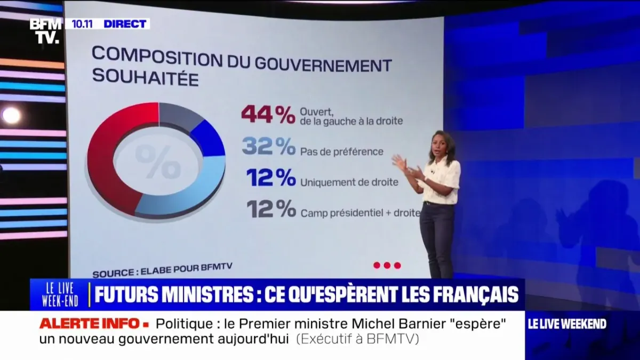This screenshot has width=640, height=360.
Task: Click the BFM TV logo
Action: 45,30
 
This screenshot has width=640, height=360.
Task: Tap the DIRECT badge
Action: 125,23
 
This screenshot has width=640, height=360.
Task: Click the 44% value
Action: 268,114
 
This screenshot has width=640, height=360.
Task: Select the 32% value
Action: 268,146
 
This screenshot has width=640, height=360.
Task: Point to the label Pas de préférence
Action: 342,151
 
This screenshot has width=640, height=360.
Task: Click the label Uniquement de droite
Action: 349,182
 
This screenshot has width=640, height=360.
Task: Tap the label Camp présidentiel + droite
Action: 361,213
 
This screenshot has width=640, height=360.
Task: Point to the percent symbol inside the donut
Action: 158,161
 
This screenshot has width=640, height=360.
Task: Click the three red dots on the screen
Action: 387,265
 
